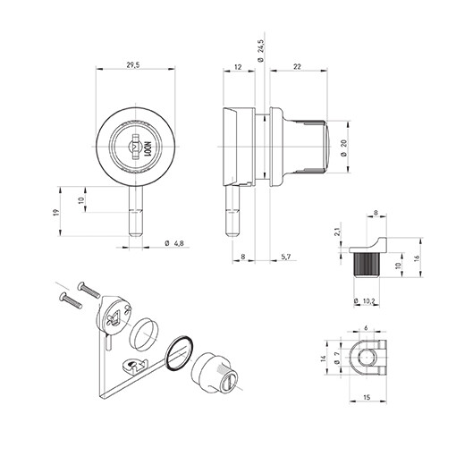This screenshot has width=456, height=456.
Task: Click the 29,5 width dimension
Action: [x=132, y=65]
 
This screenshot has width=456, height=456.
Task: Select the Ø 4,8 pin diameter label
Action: [x=176, y=245]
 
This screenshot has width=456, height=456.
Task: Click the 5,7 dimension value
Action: [x=284, y=257]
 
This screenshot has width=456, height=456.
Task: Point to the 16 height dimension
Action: [x=418, y=259]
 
